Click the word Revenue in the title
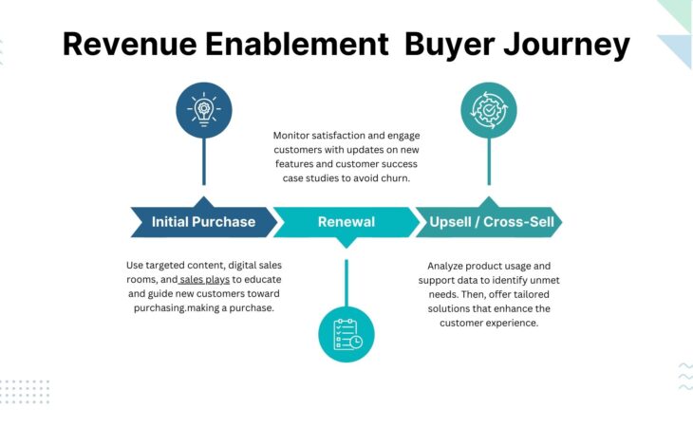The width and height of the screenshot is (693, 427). click(130, 45)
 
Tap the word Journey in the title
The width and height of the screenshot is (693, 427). click(567, 46)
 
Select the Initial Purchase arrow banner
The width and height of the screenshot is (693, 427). click(204, 221)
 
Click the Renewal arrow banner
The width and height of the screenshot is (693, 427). click(346, 222)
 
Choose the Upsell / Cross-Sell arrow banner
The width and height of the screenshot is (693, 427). click(489, 221)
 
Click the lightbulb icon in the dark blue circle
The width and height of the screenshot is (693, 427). click(204, 109)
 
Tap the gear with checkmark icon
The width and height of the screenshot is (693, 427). click(489, 110)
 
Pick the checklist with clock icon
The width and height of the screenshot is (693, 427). click(347, 334)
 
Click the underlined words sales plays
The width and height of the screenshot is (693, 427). click(205, 280)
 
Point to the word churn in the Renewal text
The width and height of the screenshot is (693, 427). click(395, 178)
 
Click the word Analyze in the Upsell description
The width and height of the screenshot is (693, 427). click(444, 267)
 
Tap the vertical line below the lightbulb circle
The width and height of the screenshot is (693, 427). click(204, 161)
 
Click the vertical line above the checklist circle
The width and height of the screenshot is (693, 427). click(346, 283)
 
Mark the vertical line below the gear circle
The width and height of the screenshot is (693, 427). click(489, 161)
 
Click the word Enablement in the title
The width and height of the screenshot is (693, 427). click(296, 45)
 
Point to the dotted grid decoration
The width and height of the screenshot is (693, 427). click(25, 391)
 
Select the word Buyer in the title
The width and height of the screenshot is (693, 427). click(449, 46)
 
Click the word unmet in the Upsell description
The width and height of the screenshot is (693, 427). click(545, 281)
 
